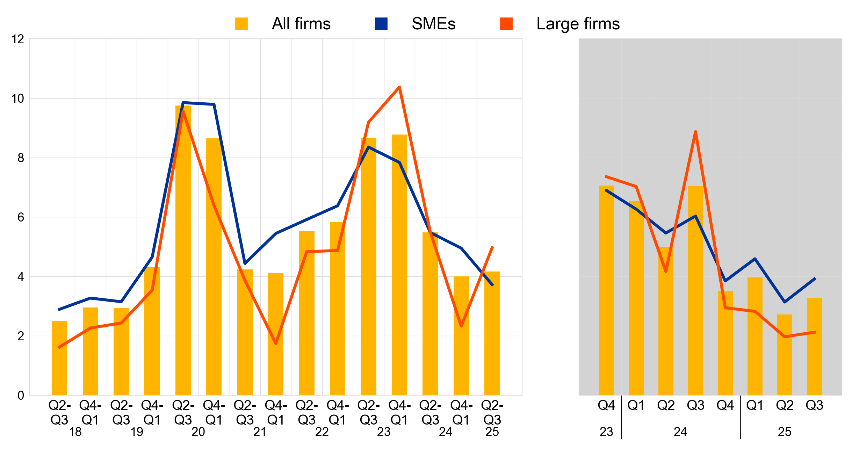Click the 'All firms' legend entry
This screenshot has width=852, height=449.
pyautogui.click(x=301, y=24)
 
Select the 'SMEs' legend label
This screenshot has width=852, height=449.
pyautogui.click(x=433, y=24)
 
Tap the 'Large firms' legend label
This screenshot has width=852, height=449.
pyautogui.click(x=578, y=24)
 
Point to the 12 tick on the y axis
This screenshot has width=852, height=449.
pyautogui.click(x=18, y=39)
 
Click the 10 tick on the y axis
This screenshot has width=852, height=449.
pyautogui.click(x=18, y=99)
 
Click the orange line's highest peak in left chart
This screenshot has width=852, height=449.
pyautogui.click(x=399, y=87)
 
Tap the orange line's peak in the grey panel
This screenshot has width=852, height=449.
pyautogui.click(x=695, y=132)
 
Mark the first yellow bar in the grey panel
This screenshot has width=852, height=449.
pyautogui.click(x=606, y=290)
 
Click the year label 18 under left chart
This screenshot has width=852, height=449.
pyautogui.click(x=75, y=432)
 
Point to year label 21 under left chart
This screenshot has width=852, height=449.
pyautogui.click(x=260, y=432)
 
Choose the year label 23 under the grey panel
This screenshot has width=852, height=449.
pyautogui.click(x=606, y=432)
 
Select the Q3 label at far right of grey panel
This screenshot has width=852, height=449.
pyautogui.click(x=814, y=405)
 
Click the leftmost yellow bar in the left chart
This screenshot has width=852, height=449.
pyautogui.click(x=59, y=358)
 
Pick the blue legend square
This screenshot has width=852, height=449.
pyautogui.click(x=381, y=24)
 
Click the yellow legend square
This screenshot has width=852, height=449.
pyautogui.click(x=241, y=24)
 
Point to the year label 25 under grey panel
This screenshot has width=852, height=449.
pyautogui.click(x=785, y=432)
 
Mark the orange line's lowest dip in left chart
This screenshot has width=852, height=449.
pyautogui.click(x=276, y=343)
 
